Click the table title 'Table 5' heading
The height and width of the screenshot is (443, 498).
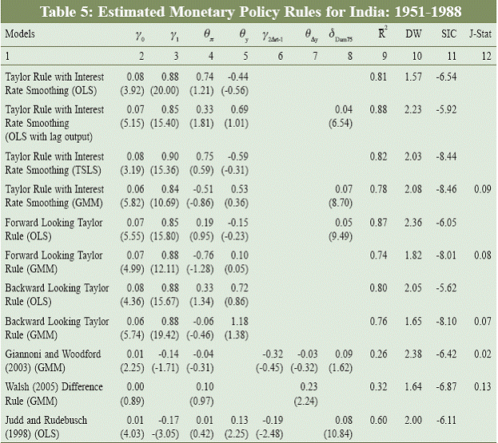(x=249, y=11)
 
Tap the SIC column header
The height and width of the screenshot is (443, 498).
(x=448, y=34)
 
